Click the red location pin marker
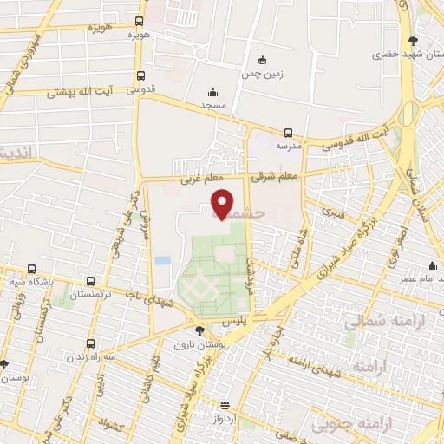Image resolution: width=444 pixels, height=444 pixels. click(x=223, y=205)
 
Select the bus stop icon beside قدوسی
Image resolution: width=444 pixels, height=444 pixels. click(x=140, y=75)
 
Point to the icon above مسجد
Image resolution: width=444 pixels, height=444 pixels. click(x=212, y=92)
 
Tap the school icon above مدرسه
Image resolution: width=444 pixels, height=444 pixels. click(x=288, y=133)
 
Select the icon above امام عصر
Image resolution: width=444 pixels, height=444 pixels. click(x=431, y=266)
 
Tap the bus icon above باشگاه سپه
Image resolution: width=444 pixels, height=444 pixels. click(x=32, y=269)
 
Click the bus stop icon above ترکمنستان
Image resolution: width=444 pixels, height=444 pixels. click(x=91, y=283)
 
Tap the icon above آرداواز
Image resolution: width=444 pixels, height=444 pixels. click(x=224, y=405)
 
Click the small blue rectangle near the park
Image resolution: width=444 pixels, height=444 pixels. click(x=163, y=259)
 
